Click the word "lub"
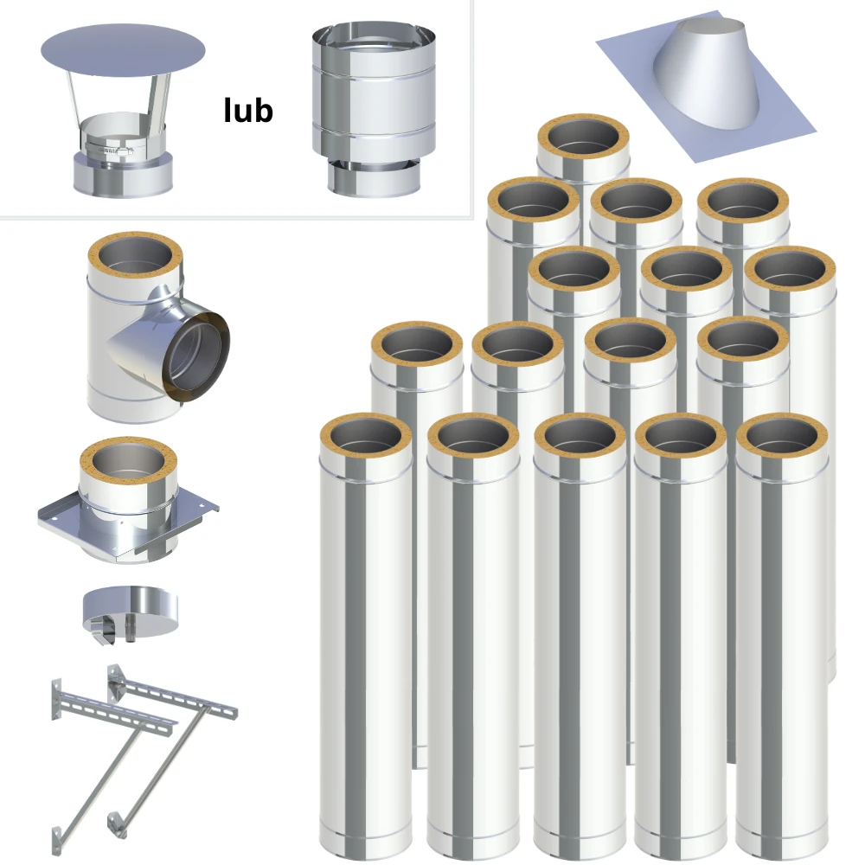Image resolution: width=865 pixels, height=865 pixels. tap(248, 111)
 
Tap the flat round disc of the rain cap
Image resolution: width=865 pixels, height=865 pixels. tap(123, 50)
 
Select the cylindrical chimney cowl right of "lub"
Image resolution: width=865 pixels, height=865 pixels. tap(374, 108)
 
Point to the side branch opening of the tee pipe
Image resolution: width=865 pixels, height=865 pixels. tap(196, 357)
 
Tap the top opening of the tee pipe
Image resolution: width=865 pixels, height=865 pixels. tap(135, 257)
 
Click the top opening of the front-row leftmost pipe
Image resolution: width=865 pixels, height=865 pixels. tap(366, 437)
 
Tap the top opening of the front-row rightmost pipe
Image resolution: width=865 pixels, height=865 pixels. tap(782, 437)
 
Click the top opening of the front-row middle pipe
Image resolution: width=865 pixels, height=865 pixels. tap(580, 437)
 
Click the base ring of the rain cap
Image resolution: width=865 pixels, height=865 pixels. tap(123, 174)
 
